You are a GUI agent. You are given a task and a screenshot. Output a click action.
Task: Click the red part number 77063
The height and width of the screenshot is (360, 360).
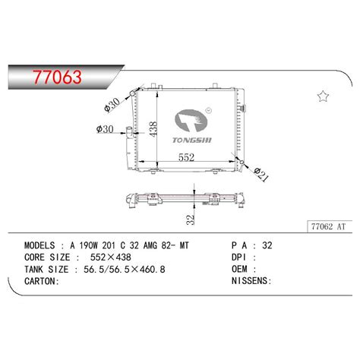(x=58, y=77)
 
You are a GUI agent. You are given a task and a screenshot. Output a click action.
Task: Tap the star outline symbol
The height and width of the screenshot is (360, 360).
(x=323, y=96)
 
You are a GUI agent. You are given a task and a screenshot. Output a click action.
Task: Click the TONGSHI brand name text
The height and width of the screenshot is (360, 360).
(x=192, y=141)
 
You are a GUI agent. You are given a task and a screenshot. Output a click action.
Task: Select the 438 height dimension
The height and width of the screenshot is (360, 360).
(x=153, y=129)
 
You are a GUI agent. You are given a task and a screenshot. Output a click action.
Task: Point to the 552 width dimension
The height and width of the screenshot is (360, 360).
(x=186, y=157)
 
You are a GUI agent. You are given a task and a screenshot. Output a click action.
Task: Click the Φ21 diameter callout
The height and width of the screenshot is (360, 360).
(x=261, y=175)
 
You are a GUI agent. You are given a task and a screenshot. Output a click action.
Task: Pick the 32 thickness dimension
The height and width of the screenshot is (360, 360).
(x=191, y=219)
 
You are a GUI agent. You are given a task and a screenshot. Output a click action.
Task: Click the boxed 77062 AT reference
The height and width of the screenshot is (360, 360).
(x=328, y=226)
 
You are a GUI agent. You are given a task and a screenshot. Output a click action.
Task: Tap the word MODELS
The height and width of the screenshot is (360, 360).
(x=39, y=245)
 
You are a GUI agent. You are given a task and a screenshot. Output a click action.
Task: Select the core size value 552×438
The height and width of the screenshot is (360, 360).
(x=111, y=257)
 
